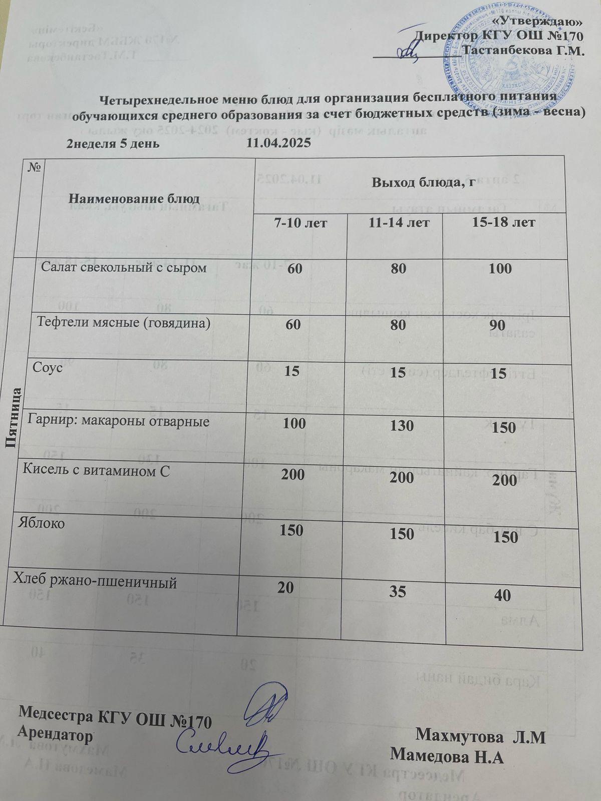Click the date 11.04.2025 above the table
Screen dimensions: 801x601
click(279, 144)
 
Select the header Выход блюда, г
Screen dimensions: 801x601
click(423, 183)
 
